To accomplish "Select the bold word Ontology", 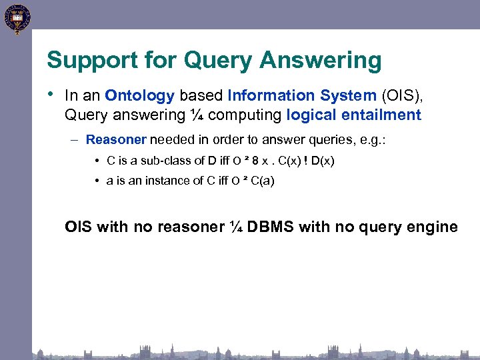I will [x=140, y=96].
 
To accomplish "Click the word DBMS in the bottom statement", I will [x=271, y=227].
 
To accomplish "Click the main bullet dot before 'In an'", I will [x=51, y=95].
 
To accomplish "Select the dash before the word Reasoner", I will [x=77, y=140].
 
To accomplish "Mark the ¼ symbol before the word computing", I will [x=196, y=115].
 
